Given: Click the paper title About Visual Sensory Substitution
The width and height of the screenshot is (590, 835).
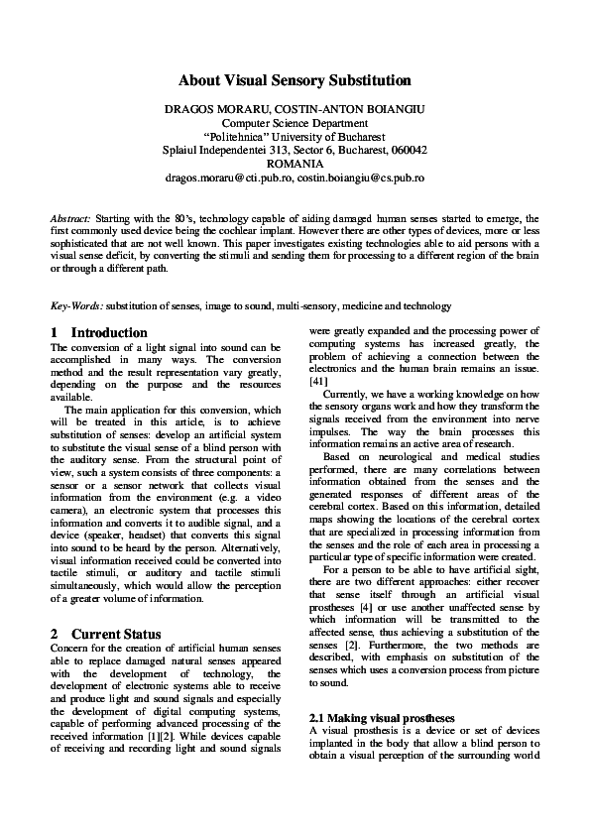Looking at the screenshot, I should pyautogui.click(x=295, y=80).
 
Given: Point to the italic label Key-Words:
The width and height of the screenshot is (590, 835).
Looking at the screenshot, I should pyautogui.click(x=76, y=306).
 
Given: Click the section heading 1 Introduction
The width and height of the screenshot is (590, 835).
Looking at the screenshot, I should pyautogui.click(x=98, y=332).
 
